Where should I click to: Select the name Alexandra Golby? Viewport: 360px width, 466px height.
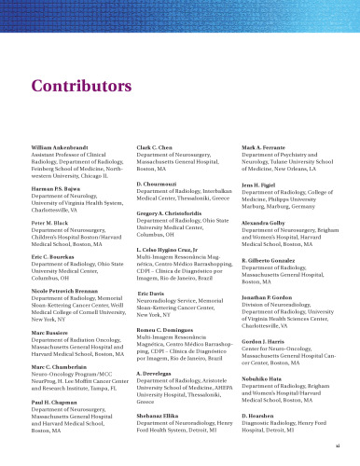263,225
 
